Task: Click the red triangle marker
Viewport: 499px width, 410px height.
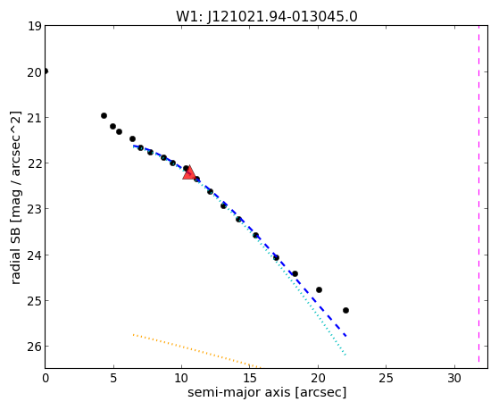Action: click(x=189, y=172)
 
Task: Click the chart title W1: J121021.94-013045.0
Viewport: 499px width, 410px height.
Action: click(x=267, y=16)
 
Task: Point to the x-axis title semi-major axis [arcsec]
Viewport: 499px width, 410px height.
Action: click(x=267, y=392)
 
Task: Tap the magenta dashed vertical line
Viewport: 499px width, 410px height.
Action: click(x=479, y=197)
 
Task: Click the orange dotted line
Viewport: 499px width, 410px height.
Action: click(x=196, y=351)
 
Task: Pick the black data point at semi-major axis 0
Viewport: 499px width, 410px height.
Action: click(x=46, y=71)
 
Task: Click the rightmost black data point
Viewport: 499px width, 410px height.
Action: click(x=346, y=310)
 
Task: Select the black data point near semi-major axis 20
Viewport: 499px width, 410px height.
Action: click(x=319, y=290)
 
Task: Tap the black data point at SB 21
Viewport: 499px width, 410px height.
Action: click(x=104, y=115)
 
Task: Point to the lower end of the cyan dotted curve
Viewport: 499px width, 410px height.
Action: click(x=345, y=355)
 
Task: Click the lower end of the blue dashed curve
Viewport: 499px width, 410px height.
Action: click(x=346, y=336)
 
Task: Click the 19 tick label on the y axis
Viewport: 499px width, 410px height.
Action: click(x=35, y=26)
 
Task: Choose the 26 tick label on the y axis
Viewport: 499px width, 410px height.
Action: click(x=35, y=347)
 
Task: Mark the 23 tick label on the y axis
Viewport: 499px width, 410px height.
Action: click(x=35, y=209)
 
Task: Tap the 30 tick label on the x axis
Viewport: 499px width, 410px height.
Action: click(x=454, y=378)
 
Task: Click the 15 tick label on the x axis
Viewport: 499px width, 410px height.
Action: click(x=250, y=378)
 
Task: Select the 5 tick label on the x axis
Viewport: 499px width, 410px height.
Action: click(x=113, y=378)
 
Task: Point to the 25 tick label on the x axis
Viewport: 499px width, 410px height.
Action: click(x=386, y=378)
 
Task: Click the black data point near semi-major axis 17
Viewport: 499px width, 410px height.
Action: click(x=276, y=258)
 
